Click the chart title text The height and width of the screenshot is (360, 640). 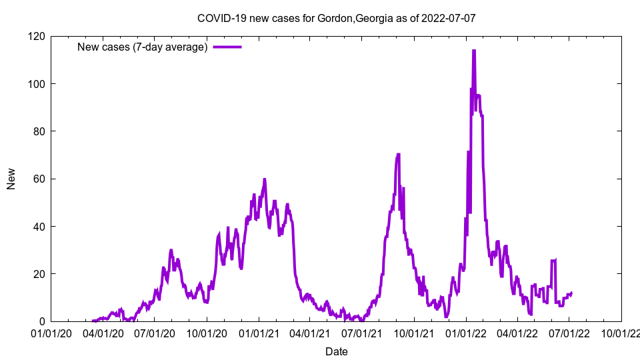(336, 18)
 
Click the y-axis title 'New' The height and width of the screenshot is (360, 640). (11, 179)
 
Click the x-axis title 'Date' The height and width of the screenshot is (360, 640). (336, 351)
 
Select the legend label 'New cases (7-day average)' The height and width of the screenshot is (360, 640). (143, 47)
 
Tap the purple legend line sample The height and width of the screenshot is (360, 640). (227, 47)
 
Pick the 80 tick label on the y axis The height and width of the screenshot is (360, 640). (39, 131)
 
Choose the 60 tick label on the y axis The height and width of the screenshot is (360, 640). (39, 179)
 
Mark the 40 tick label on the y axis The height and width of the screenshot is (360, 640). (39, 227)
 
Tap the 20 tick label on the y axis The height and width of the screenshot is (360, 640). (39, 274)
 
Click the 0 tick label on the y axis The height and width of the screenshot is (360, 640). (41, 321)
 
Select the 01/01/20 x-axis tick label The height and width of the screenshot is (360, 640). (51, 333)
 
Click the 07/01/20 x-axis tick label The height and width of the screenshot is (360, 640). (155, 333)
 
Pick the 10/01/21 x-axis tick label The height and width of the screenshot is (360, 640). (414, 333)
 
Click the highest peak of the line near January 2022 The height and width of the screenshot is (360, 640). (473, 51)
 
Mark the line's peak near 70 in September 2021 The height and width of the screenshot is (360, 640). (398, 155)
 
